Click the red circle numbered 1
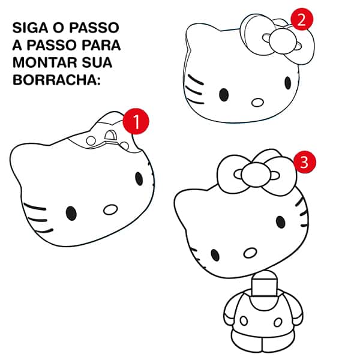click(136, 122)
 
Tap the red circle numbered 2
click(302, 19)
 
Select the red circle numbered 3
click(304, 161)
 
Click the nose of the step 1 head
click(110, 209)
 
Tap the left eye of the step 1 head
click(71, 213)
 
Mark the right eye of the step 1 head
click(139, 178)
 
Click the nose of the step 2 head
click(257, 102)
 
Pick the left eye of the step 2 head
click(224, 94)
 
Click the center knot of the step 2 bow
click(280, 41)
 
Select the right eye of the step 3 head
click(280, 222)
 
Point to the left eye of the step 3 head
click(215, 254)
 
